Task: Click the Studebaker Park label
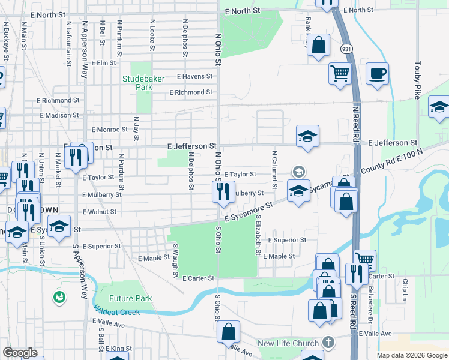tap(137, 83)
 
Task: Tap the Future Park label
tap(131, 298)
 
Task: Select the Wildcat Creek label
tap(117, 312)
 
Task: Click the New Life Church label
tap(288, 344)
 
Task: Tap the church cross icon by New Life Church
tap(327, 343)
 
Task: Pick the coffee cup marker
tap(377, 74)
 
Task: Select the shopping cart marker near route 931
tap(339, 74)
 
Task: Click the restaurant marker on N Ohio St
tap(223, 192)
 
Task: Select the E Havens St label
tap(194, 76)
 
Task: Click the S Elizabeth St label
tap(258, 235)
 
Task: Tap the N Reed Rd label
tap(355, 124)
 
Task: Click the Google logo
tap(20, 353)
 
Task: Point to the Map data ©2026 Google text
tap(411, 355)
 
